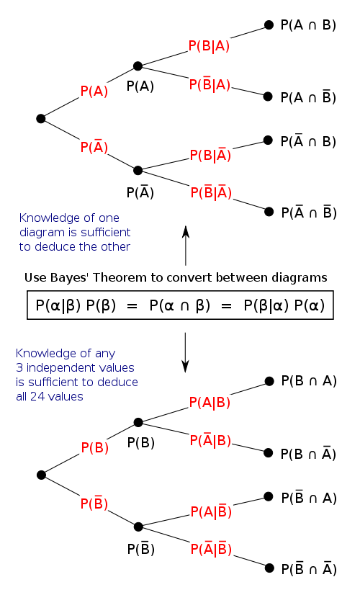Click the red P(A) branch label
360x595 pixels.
94,91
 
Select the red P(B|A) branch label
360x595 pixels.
209,46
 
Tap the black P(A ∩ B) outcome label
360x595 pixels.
308,24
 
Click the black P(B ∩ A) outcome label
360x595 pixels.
308,381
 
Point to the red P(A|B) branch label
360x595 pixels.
210,403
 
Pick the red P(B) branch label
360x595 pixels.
94,447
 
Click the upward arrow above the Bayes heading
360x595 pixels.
185,245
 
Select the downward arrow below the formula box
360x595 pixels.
185,352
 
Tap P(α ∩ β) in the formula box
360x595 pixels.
179,305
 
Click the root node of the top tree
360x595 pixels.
41,118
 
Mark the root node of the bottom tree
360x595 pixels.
41,475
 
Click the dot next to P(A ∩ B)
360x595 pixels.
269,24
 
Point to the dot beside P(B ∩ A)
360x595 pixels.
269,381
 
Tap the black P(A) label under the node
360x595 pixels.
140,86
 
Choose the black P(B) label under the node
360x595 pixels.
140,443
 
